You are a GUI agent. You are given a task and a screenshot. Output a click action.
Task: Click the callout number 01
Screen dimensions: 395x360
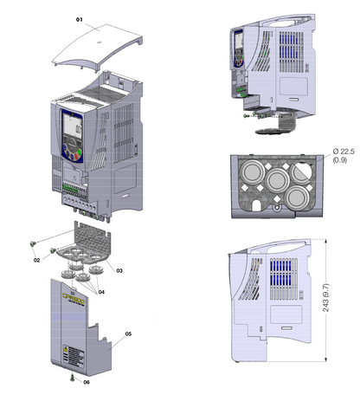[80, 18]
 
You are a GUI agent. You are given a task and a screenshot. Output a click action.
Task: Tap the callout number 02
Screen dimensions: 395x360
[37, 259]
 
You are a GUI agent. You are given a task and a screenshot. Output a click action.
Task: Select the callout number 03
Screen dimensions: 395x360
[120, 271]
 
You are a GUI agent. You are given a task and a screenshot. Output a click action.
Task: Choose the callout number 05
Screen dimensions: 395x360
[129, 333]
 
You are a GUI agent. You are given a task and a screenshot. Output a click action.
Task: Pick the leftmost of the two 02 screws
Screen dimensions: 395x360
[33, 244]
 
